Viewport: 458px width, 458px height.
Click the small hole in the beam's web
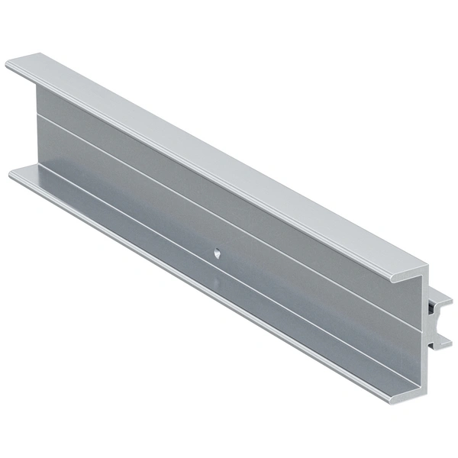(x=218, y=253)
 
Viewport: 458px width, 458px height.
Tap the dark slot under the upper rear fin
(x=433, y=310)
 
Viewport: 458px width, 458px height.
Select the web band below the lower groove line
(x=305, y=321)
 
